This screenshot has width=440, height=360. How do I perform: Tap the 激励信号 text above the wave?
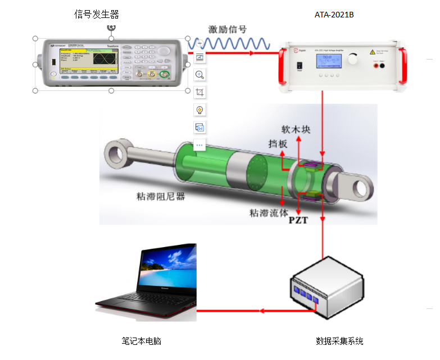[227, 30]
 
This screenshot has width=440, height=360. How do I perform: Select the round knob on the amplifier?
[353, 58]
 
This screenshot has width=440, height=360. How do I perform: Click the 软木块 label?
[296, 130]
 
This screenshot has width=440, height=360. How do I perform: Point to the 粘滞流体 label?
[269, 213]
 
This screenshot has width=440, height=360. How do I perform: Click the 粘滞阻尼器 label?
[161, 197]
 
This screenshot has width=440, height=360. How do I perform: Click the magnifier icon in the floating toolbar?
[199, 74]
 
